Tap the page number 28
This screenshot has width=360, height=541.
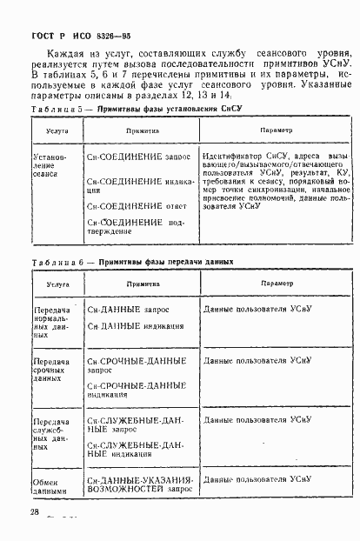pos(35,512)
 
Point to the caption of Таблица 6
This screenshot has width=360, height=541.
pos(130,262)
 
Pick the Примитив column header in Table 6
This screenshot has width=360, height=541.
pos(142,283)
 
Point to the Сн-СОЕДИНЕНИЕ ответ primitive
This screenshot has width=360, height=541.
pos(131,206)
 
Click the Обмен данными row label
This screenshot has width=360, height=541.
pos(48,484)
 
